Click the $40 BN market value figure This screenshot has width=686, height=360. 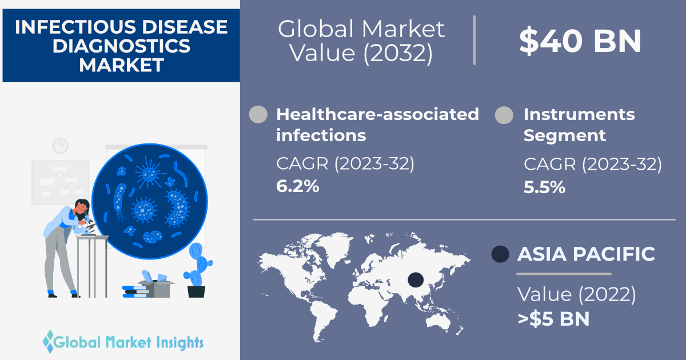(x=580, y=41)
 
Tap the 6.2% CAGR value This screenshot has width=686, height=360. (x=298, y=186)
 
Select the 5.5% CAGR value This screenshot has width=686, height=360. (x=544, y=187)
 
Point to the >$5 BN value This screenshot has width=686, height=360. (x=553, y=319)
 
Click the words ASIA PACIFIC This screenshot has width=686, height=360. (x=586, y=254)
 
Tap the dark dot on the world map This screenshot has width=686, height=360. (x=416, y=280)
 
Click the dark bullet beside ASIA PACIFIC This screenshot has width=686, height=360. (x=500, y=254)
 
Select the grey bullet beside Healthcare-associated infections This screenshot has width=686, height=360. (x=258, y=114)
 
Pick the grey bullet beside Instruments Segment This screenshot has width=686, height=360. (x=504, y=115)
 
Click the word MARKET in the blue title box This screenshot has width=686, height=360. (x=122, y=65)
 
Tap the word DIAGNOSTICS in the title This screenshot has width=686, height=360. (x=122, y=46)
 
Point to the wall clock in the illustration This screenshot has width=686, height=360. (x=61, y=145)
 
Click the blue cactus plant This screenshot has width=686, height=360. (x=198, y=265)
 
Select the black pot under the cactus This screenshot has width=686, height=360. (x=196, y=292)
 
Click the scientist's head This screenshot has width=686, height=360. (x=81, y=207)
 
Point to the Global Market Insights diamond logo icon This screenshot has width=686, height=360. (x=49, y=341)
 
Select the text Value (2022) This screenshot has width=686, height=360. (x=577, y=294)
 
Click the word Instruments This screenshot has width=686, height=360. (x=579, y=114)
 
